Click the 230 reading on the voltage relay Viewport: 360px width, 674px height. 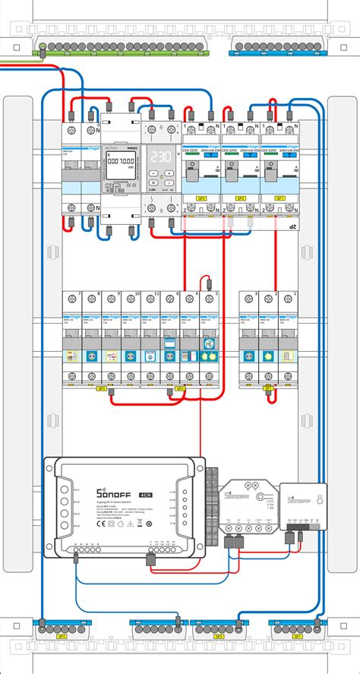click(x=159, y=157)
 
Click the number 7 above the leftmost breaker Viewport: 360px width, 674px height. click(x=79, y=293)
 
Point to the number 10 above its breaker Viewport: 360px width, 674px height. click(x=137, y=293)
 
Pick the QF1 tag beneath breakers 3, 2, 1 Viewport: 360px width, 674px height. click(x=267, y=388)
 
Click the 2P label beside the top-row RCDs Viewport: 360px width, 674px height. click(x=291, y=226)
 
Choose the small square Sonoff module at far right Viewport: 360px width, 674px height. click(x=303, y=505)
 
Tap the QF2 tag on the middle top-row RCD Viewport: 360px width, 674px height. click(x=240, y=198)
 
